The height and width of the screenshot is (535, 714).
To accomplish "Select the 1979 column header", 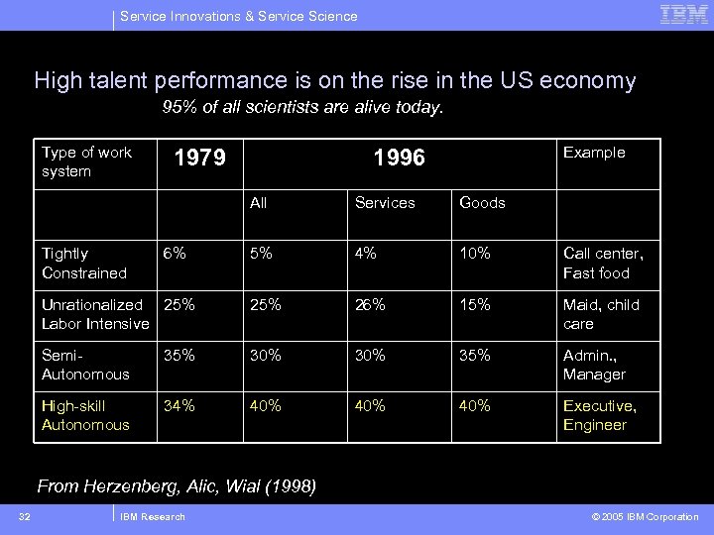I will coord(199,158).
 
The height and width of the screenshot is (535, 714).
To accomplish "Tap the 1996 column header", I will coord(399,158).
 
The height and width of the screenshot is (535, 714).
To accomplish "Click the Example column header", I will coord(594,153).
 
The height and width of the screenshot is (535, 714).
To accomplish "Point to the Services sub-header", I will coord(385,203).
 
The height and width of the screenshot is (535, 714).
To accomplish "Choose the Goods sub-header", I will coord(482,203).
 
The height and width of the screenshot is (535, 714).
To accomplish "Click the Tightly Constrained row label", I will coord(84,264).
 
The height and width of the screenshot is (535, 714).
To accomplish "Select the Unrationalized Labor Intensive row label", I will coord(94,314).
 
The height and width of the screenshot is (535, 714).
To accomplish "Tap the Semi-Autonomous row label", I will coord(85,365).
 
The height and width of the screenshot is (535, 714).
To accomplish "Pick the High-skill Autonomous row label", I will coord(85,415).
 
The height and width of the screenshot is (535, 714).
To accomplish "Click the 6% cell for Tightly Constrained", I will coord(175,254).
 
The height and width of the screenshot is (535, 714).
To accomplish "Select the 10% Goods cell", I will coord(475,254).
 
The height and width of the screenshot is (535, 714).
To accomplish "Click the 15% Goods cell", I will coord(475,304).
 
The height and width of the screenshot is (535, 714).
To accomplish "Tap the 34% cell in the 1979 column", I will coord(179,405).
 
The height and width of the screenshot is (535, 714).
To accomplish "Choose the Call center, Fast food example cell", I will coord(603,264).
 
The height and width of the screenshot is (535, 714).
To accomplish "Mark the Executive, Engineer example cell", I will coord(599,415).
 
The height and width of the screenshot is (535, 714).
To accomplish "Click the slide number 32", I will coord(24,516).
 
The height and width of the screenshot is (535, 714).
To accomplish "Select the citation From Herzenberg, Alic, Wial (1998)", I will coord(177,485).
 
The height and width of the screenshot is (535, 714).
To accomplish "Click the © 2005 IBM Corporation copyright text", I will coord(646,517).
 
